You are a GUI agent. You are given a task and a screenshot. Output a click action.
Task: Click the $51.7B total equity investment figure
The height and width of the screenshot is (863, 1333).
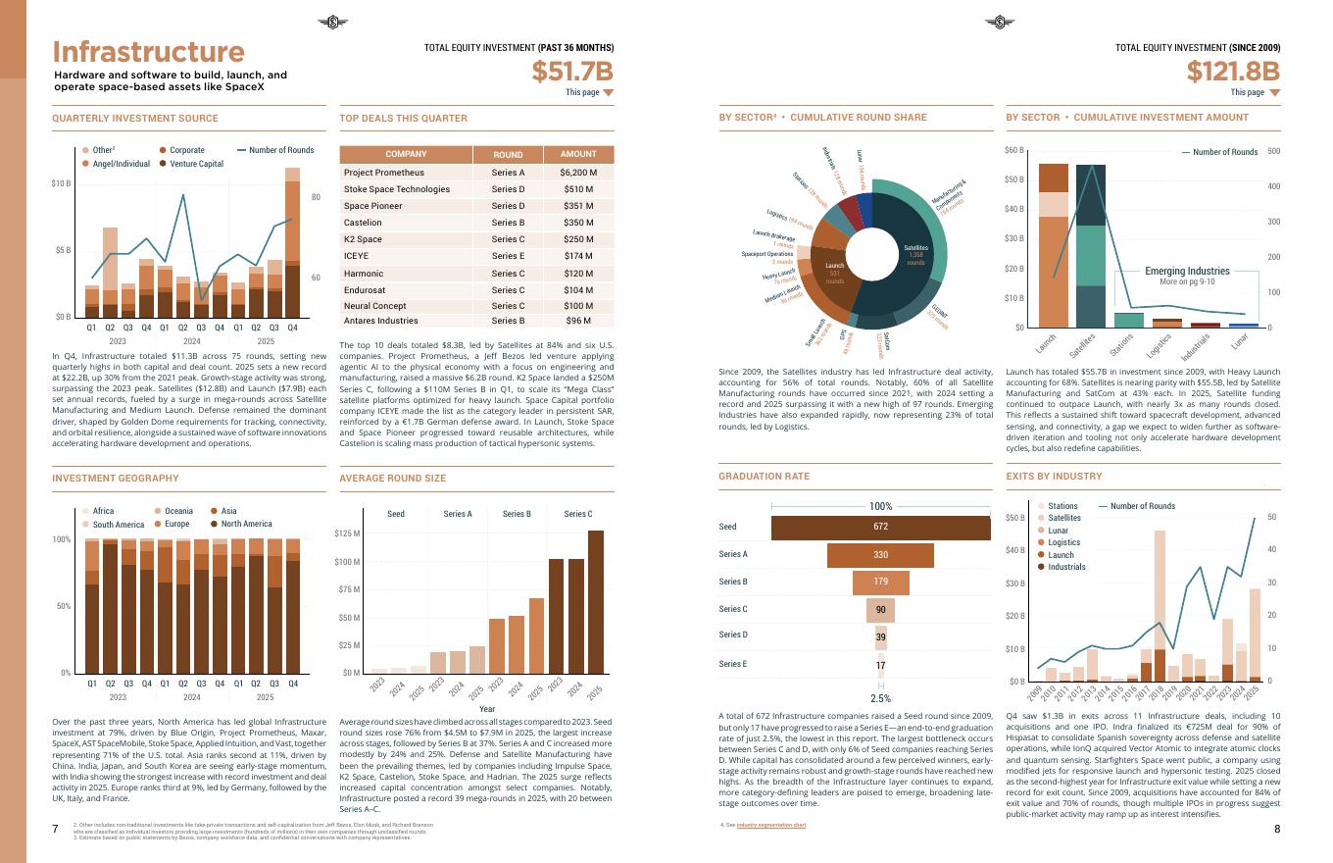click(572, 72)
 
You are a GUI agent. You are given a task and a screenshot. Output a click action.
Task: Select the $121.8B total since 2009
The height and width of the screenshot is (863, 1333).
click(1233, 72)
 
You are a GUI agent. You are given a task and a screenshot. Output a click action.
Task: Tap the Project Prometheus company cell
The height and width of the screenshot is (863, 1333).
click(384, 173)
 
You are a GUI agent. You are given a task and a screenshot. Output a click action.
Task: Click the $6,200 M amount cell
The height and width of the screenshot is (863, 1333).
click(578, 173)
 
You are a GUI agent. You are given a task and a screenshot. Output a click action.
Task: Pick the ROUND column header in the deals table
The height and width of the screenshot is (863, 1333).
click(508, 155)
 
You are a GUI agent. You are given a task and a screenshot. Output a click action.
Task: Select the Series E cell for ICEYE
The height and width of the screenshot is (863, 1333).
click(508, 256)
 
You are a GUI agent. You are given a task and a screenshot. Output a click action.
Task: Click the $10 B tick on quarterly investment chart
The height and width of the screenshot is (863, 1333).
click(61, 183)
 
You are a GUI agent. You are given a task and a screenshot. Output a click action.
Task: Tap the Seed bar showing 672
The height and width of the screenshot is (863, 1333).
click(880, 527)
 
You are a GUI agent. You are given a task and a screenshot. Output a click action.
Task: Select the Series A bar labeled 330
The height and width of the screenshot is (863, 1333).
click(880, 555)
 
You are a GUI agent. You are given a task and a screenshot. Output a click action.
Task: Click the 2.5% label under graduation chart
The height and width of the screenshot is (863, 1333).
click(880, 699)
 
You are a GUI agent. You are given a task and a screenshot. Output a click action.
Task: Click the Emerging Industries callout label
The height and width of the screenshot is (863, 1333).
click(1187, 271)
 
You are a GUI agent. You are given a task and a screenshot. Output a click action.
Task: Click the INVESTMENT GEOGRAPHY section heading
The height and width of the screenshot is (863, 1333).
click(116, 479)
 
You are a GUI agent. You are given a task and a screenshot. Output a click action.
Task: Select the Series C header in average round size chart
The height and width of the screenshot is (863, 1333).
click(577, 514)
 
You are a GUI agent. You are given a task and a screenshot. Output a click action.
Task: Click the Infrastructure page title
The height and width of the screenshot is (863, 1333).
click(148, 52)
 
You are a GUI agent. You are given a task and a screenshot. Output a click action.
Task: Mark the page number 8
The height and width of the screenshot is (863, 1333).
click(1277, 830)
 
